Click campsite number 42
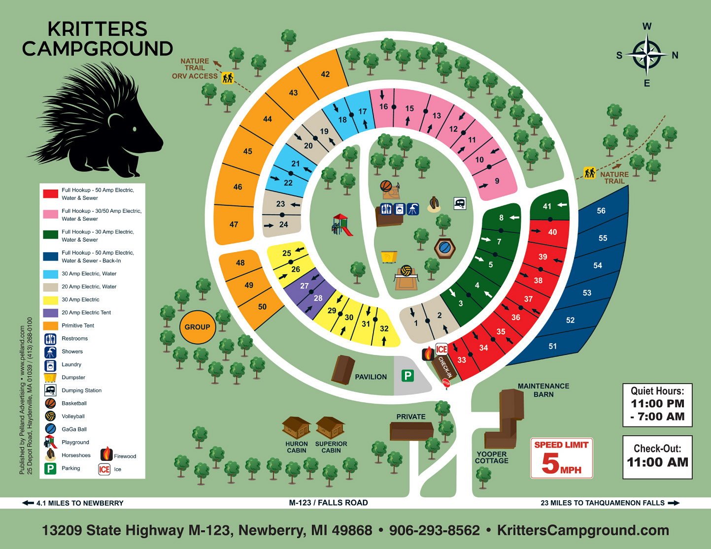tap(325, 74)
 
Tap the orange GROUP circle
tap(197, 327)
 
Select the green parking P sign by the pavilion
tap(407, 376)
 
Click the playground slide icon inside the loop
tap(342, 225)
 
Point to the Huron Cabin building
tap(296, 428)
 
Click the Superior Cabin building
tap(330, 428)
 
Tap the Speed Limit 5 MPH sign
tap(561, 458)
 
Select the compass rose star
tap(646, 55)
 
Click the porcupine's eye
tap(135, 129)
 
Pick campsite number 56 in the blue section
tap(601, 211)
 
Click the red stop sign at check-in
tap(446, 383)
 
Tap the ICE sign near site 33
tap(441, 349)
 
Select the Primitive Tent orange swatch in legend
tap(51, 325)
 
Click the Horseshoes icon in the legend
tap(50, 454)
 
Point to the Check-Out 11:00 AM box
tap(657, 456)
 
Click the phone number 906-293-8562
tap(434, 530)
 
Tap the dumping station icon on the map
tap(460, 203)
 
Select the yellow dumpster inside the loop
tap(389, 257)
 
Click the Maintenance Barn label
tap(543, 390)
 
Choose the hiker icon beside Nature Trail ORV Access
tap(227, 78)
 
